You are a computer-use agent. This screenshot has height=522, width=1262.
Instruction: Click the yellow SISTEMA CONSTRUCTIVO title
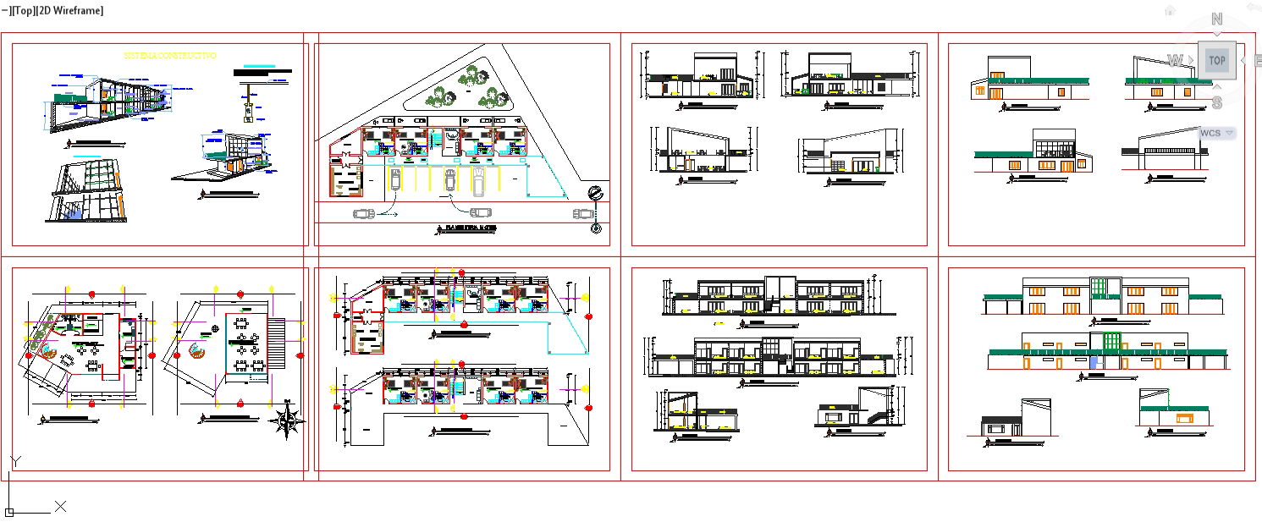point(170,56)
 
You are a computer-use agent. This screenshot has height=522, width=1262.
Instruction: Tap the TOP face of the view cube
point(1216,60)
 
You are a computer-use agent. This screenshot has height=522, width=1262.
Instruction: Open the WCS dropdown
point(1217,133)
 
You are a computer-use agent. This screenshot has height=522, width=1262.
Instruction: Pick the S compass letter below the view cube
point(1216,103)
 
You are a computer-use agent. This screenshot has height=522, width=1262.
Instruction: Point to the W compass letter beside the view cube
point(1175,60)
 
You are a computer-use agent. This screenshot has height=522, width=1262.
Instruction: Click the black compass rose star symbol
point(288,420)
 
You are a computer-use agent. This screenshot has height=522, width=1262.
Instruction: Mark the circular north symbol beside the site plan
point(595,194)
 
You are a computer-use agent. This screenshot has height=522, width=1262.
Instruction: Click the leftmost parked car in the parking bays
point(395,179)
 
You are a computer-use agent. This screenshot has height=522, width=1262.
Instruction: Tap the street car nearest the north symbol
point(583,214)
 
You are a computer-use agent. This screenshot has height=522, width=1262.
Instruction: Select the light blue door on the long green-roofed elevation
point(1094,361)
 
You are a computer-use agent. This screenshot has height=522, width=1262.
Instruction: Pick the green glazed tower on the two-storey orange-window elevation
point(1099,287)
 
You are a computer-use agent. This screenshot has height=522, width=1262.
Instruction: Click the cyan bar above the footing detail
point(259,65)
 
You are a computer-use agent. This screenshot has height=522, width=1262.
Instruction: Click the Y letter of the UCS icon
point(14,461)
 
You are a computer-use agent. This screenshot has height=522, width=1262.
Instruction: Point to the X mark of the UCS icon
point(60,506)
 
